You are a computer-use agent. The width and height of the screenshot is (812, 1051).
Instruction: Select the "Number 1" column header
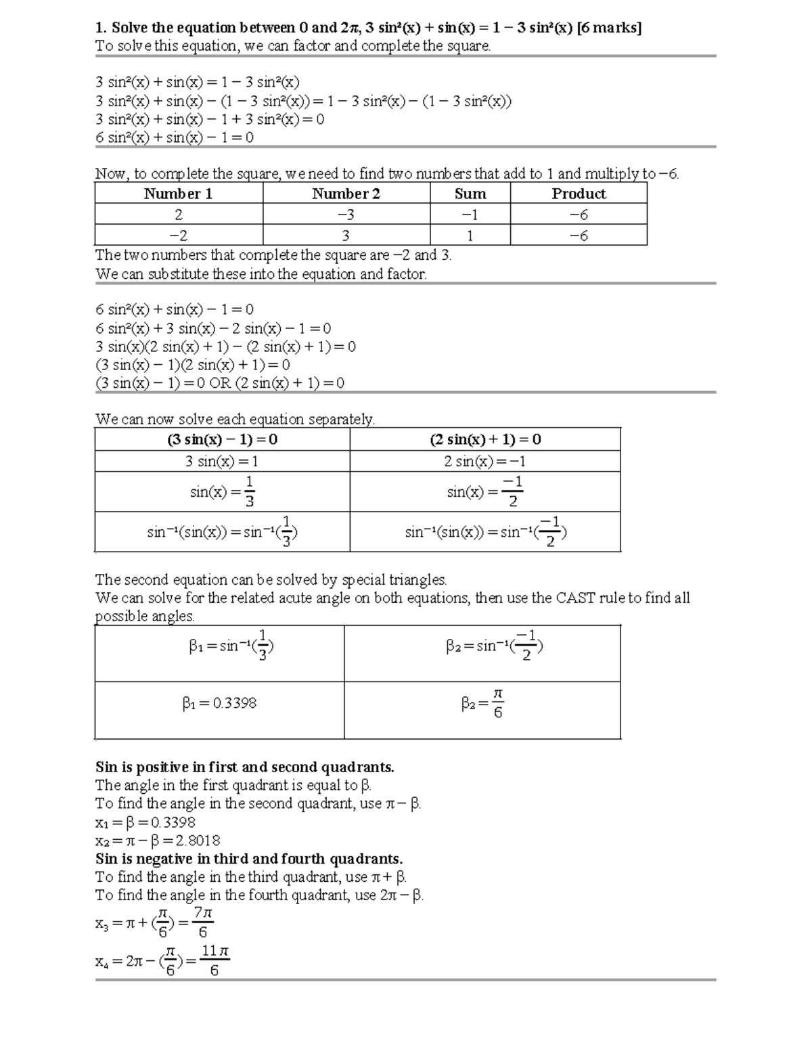[x=178, y=194]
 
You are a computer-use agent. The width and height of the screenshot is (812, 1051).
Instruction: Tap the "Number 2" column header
[x=346, y=194]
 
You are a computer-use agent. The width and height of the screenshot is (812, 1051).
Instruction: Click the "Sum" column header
[x=470, y=194]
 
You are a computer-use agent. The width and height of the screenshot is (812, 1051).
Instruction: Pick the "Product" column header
[x=579, y=194]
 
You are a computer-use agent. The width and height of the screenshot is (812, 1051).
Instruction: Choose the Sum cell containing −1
[x=470, y=215]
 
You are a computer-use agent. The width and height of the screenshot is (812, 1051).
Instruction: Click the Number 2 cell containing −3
[x=346, y=215]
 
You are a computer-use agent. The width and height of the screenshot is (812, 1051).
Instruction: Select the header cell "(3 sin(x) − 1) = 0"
[x=222, y=440]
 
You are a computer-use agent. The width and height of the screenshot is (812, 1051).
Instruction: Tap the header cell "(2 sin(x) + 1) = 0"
[x=485, y=440]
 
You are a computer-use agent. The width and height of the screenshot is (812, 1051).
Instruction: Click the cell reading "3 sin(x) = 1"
[x=222, y=462]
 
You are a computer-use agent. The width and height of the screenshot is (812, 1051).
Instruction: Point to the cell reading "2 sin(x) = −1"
[x=485, y=462]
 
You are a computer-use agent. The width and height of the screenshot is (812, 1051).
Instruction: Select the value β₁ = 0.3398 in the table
[x=219, y=703]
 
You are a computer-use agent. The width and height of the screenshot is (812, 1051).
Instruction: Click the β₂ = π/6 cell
[x=482, y=704]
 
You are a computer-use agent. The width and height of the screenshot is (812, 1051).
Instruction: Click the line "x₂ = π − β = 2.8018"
[x=158, y=841]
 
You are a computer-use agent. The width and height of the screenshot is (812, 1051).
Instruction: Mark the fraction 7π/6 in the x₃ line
[x=203, y=922]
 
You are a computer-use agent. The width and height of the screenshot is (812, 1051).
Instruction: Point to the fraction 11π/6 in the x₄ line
[x=215, y=960]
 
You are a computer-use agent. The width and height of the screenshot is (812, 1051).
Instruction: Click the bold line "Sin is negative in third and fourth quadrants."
[x=249, y=859]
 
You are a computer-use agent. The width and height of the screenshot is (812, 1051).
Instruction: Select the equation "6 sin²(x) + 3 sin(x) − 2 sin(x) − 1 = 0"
[x=213, y=329]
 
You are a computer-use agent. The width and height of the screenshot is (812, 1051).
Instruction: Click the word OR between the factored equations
[x=220, y=384]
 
